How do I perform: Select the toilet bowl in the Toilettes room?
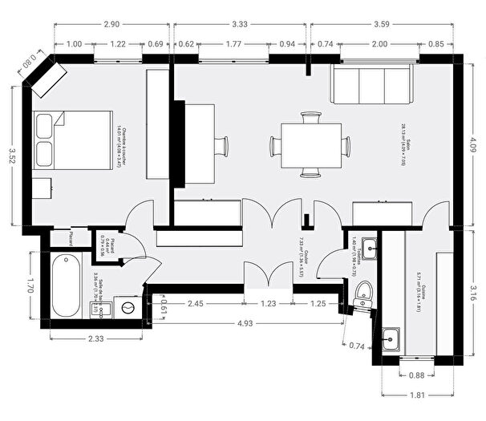[x=363, y=293]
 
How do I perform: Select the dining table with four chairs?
[x=310, y=145]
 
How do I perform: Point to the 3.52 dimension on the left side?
[x=12, y=156]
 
